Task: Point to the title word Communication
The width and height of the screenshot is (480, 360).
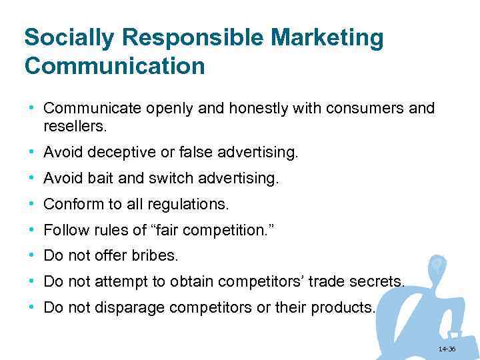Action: (114, 66)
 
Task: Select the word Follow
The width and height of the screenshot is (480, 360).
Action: (63, 231)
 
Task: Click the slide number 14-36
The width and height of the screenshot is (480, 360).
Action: (447, 349)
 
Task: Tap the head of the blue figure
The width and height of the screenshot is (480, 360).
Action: (437, 265)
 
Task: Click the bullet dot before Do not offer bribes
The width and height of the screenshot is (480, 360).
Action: (32, 255)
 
